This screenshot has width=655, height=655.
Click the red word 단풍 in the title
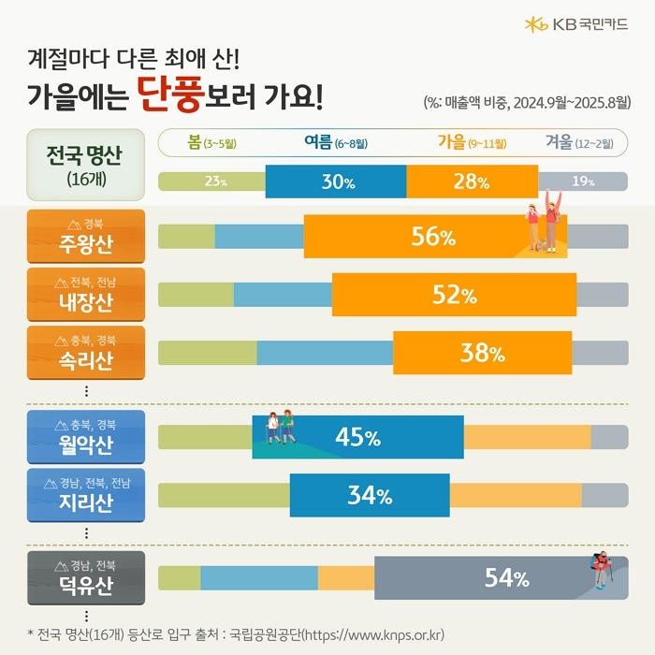(174, 94)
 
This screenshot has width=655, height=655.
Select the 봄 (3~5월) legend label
(211, 143)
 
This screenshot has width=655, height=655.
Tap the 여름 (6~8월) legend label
(335, 143)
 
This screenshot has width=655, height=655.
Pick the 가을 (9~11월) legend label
(472, 143)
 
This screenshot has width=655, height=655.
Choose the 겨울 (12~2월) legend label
(579, 143)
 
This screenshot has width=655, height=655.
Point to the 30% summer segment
(336, 182)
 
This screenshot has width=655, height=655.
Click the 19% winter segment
(583, 182)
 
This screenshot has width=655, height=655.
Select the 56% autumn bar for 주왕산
(433, 237)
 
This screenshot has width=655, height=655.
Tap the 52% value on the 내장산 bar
(455, 296)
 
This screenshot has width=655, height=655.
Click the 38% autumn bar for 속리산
(482, 353)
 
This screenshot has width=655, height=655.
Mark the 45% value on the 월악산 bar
(357, 437)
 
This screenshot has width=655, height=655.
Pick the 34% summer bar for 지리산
(370, 496)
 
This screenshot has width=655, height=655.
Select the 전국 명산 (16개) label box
(85, 164)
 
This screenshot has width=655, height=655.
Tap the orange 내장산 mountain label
(86, 295)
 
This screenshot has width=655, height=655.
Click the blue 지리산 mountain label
(86, 496)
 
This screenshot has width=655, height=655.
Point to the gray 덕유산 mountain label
(86, 577)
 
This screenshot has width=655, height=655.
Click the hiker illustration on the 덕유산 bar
(601, 572)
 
